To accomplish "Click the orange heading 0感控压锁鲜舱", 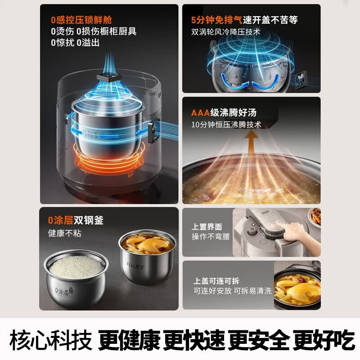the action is [81, 20].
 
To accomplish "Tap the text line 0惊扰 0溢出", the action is [75, 43].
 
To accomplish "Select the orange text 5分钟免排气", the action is [217, 20].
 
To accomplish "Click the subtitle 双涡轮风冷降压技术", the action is [226, 32].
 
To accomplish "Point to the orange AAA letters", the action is [200, 113].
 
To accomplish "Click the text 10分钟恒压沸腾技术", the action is [226, 125].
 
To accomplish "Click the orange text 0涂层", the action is [61, 220].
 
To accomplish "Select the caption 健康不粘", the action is [64, 233].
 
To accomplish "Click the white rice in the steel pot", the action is [76, 267].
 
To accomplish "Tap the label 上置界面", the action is [207, 227].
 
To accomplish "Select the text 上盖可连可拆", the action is [216, 281].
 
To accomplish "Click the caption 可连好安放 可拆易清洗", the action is [232, 291].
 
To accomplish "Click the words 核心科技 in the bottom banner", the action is [51, 340].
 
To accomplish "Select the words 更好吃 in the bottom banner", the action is [323, 340].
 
